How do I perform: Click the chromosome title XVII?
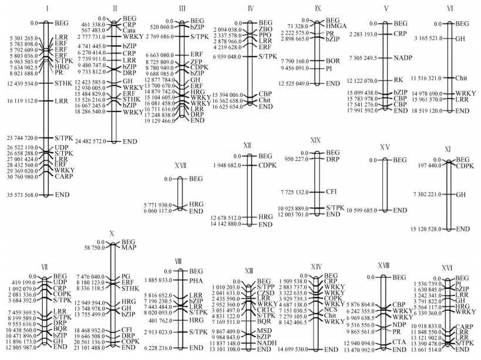click(180, 166)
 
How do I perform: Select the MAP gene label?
click(129, 248)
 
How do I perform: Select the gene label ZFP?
click(197, 62)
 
